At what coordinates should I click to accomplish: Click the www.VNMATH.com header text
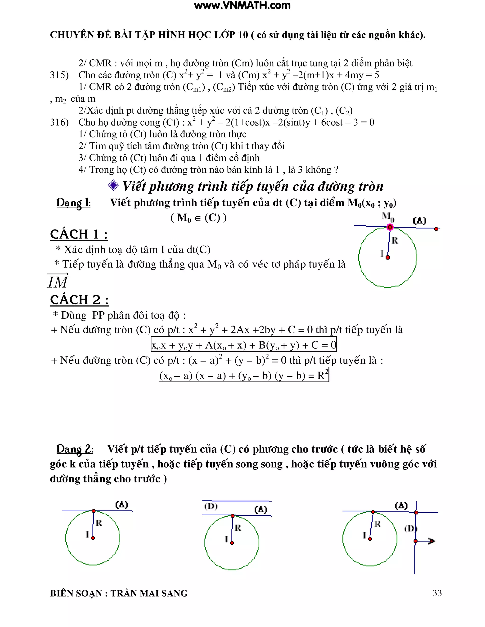[x=242, y=5]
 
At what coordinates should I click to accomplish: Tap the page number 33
[x=437, y=593]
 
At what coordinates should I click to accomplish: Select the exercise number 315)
[x=59, y=75]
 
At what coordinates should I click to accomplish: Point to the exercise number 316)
[x=59, y=122]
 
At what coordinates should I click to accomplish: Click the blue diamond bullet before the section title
[x=113, y=185]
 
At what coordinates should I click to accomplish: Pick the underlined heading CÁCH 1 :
[x=79, y=234]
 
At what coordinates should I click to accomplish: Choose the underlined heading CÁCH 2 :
[x=79, y=300]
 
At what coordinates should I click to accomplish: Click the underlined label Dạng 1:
[x=73, y=203]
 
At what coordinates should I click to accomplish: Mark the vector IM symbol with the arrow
[x=58, y=281]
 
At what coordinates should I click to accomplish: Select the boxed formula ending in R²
[x=244, y=375]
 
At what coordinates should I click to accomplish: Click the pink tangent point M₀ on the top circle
[x=390, y=227]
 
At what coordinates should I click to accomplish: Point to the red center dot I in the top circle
[x=388, y=257]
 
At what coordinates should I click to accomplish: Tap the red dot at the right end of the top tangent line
[x=436, y=229]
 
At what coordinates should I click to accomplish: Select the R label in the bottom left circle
[x=99, y=523]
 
